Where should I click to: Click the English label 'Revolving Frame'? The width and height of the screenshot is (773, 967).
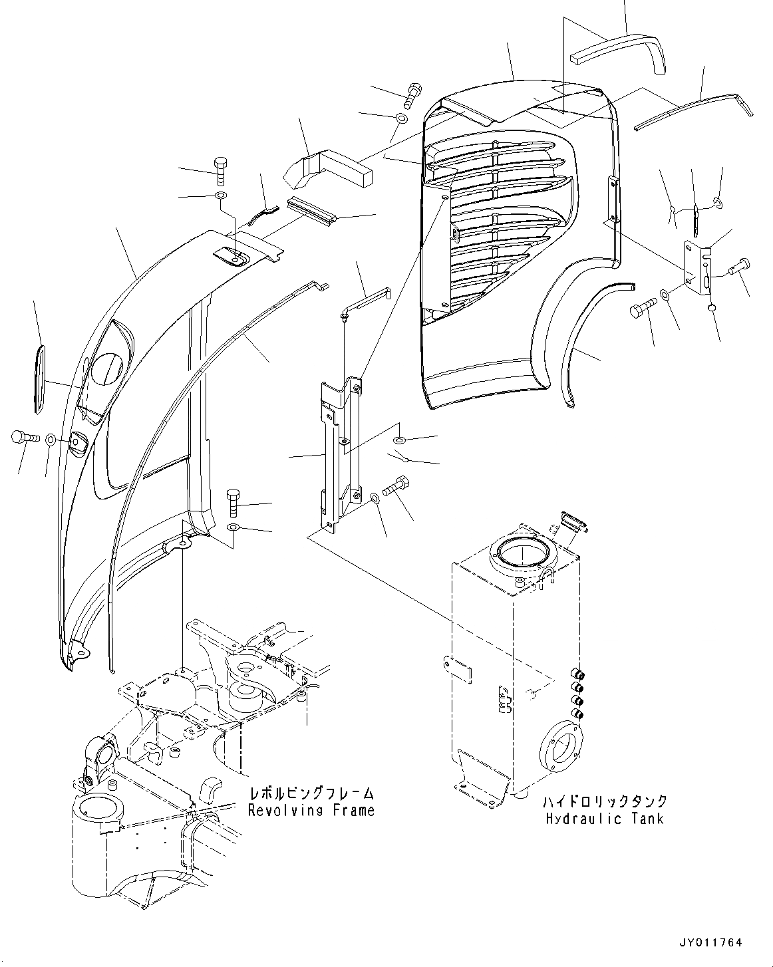311,810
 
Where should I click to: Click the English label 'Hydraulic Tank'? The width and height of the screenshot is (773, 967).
604,818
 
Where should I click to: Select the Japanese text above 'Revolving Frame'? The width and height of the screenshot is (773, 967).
311,793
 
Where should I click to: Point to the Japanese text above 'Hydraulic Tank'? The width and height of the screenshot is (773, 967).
604,801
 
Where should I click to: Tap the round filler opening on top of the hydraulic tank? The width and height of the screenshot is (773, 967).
522,551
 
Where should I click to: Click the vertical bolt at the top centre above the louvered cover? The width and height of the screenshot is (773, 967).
412,92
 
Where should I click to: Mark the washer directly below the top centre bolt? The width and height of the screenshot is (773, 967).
402,119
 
